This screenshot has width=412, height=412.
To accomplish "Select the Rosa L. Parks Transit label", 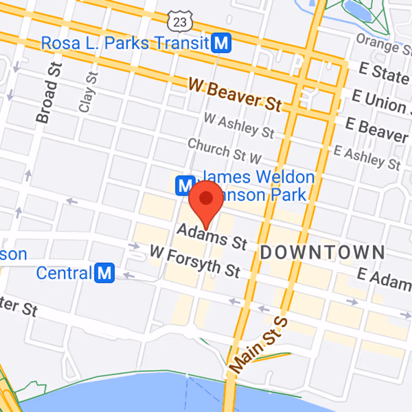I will [125, 43].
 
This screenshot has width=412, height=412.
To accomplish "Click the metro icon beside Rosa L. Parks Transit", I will [222, 43].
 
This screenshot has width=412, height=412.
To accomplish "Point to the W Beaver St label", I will [234, 94].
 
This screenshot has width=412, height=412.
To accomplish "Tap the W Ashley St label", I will [238, 125].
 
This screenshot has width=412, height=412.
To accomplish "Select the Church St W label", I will [224, 150].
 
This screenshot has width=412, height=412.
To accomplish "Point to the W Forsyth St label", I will [195, 261].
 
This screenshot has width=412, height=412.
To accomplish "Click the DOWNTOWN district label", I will [322, 252].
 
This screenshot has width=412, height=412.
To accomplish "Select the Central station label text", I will [64, 272].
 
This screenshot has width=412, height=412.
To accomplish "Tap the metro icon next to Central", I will [105, 272].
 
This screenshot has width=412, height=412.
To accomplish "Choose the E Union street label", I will [381, 101].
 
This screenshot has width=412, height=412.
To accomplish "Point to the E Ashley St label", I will [366, 156].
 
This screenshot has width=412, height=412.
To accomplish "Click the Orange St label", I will [384, 44].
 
